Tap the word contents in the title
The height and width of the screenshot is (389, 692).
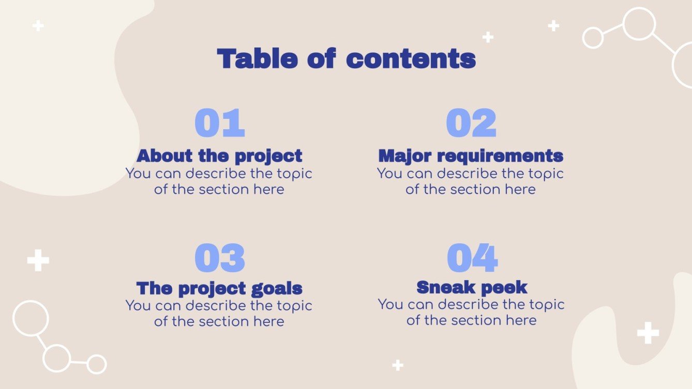pyautogui.click(x=411, y=59)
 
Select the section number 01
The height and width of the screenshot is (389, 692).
pyautogui.click(x=219, y=123)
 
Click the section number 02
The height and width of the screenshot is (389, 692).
pyautogui.click(x=471, y=123)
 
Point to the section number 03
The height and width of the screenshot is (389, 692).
pyautogui.click(x=219, y=258)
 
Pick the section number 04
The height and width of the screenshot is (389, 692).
pyautogui.click(x=472, y=258)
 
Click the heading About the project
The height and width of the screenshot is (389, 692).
pyautogui.click(x=219, y=155)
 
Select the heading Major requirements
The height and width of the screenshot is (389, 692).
pyautogui.click(x=471, y=155)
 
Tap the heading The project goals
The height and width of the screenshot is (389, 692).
pyautogui.click(x=219, y=288)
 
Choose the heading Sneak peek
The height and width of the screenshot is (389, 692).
pyautogui.click(x=472, y=287)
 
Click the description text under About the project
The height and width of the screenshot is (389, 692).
pyautogui.click(x=219, y=181)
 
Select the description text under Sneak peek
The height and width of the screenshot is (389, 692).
pyautogui.click(x=471, y=313)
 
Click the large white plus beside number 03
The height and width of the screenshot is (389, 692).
pyautogui.click(x=38, y=261)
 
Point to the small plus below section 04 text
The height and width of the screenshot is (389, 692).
pyautogui.click(x=397, y=365)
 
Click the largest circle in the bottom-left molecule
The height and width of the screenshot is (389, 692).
pyautogui.click(x=31, y=318)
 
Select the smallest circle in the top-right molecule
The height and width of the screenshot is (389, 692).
pyautogui.click(x=593, y=38)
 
